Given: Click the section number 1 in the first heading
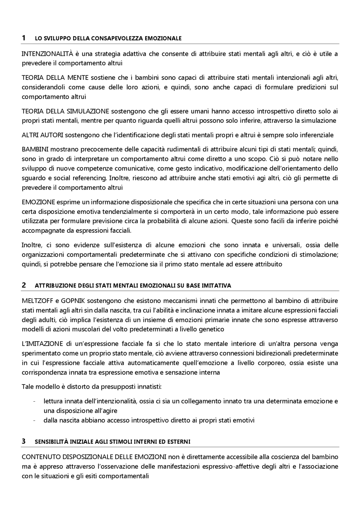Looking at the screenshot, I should point(24,38).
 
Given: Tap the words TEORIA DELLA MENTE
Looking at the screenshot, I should point(55,78).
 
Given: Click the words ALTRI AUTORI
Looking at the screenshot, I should point(42,135).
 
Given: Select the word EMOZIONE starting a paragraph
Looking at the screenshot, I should point(38,202).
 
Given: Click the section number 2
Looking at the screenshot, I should point(24,285).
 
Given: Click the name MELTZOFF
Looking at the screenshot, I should point(38,301).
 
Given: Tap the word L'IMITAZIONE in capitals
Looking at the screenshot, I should point(42,344).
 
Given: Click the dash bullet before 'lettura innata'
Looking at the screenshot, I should point(34,401).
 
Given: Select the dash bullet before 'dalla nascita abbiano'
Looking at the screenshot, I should point(34,420).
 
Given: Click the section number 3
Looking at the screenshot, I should point(24,441).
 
